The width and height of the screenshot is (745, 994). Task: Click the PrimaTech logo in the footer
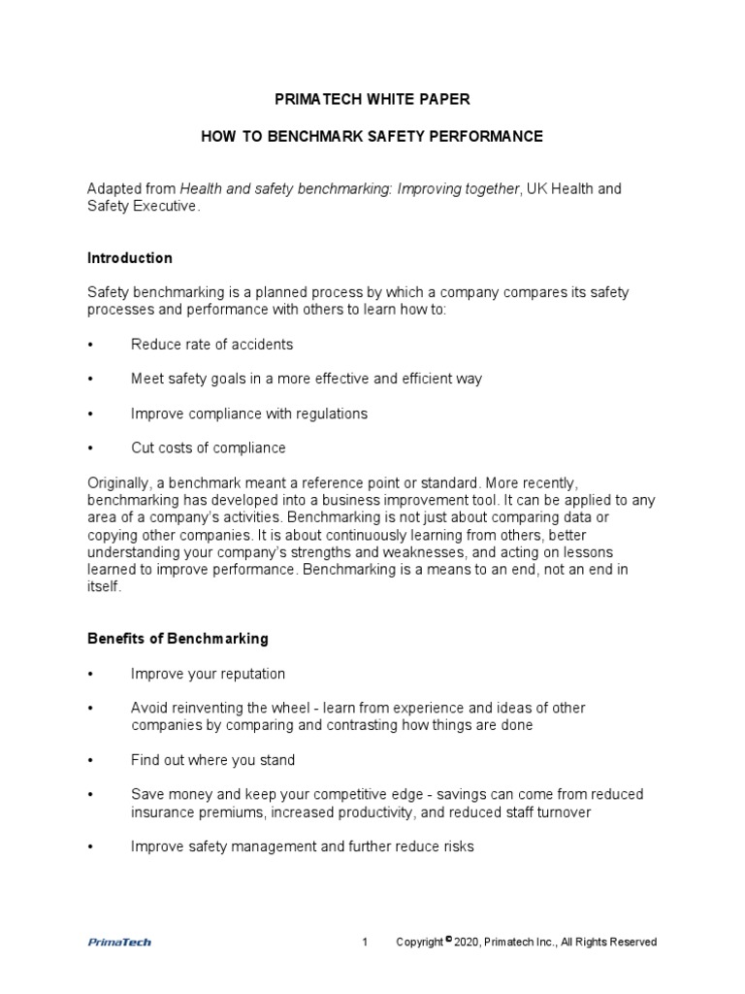[119, 942]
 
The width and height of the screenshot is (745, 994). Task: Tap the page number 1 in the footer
[365, 942]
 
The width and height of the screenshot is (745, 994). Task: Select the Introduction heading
[130, 258]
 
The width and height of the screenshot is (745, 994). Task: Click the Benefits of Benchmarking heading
[178, 639]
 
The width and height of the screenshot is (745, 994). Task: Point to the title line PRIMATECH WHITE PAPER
[372, 99]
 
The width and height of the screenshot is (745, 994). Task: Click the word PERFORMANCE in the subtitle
[490, 137]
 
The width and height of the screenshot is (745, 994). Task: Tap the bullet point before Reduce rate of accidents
[90, 345]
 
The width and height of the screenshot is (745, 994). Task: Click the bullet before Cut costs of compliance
[90, 448]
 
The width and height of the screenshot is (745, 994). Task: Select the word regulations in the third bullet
[333, 414]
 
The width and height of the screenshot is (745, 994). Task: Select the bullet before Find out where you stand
[90, 760]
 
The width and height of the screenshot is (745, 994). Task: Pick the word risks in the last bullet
[455, 846]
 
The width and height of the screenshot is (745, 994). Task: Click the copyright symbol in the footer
[449, 939]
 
